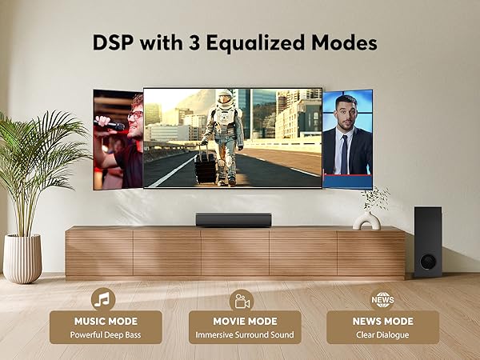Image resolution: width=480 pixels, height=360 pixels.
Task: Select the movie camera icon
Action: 241,299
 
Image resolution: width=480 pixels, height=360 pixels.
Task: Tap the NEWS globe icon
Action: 382,299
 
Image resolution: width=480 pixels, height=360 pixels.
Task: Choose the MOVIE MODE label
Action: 245,322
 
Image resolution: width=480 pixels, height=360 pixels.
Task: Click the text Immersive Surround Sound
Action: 245,334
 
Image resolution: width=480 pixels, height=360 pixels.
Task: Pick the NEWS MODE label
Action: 382,322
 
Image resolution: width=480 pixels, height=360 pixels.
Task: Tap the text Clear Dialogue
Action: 382,334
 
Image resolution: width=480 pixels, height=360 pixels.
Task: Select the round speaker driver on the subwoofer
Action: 428,261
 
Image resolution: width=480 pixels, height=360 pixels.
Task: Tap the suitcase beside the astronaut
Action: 206,166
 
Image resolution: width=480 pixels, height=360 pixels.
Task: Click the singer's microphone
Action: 110,125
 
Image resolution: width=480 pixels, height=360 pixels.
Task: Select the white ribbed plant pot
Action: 22,258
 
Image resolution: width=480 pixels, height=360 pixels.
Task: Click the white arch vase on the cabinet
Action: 367,220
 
